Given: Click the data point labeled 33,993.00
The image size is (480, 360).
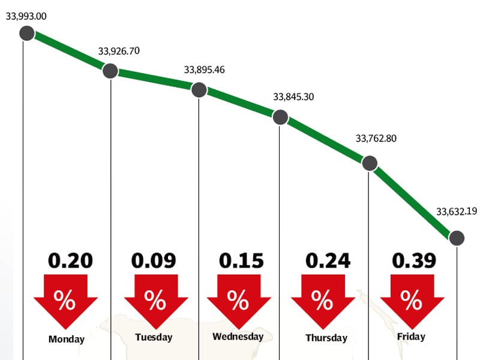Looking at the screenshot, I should tap(26, 33).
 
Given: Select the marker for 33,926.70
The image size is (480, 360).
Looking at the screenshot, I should tap(110, 71).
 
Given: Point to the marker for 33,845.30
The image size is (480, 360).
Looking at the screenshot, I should tap(280, 117).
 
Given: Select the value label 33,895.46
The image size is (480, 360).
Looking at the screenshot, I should tap(205, 70).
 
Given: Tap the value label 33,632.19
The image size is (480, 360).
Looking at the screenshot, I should tap(457, 211).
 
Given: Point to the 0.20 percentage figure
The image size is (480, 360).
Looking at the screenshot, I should tap(70, 261).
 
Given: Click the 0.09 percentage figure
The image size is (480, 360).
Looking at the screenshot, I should tap(154, 261).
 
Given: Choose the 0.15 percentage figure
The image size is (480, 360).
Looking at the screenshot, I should tap(241, 261).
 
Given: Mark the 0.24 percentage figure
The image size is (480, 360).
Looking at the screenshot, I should tap(328, 261).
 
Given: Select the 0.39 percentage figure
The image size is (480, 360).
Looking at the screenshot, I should tap(414, 261).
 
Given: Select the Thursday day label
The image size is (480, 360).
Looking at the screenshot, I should tap(326, 338).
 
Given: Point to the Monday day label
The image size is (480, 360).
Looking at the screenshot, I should tap(67, 340).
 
